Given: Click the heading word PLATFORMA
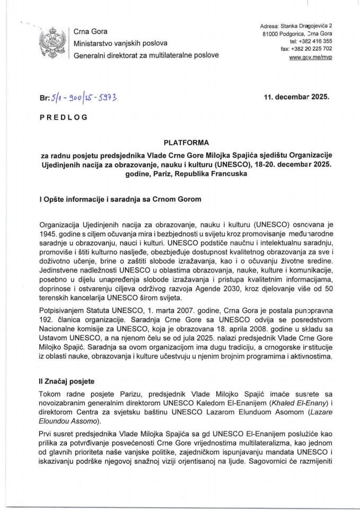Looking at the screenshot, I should click(180, 142).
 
